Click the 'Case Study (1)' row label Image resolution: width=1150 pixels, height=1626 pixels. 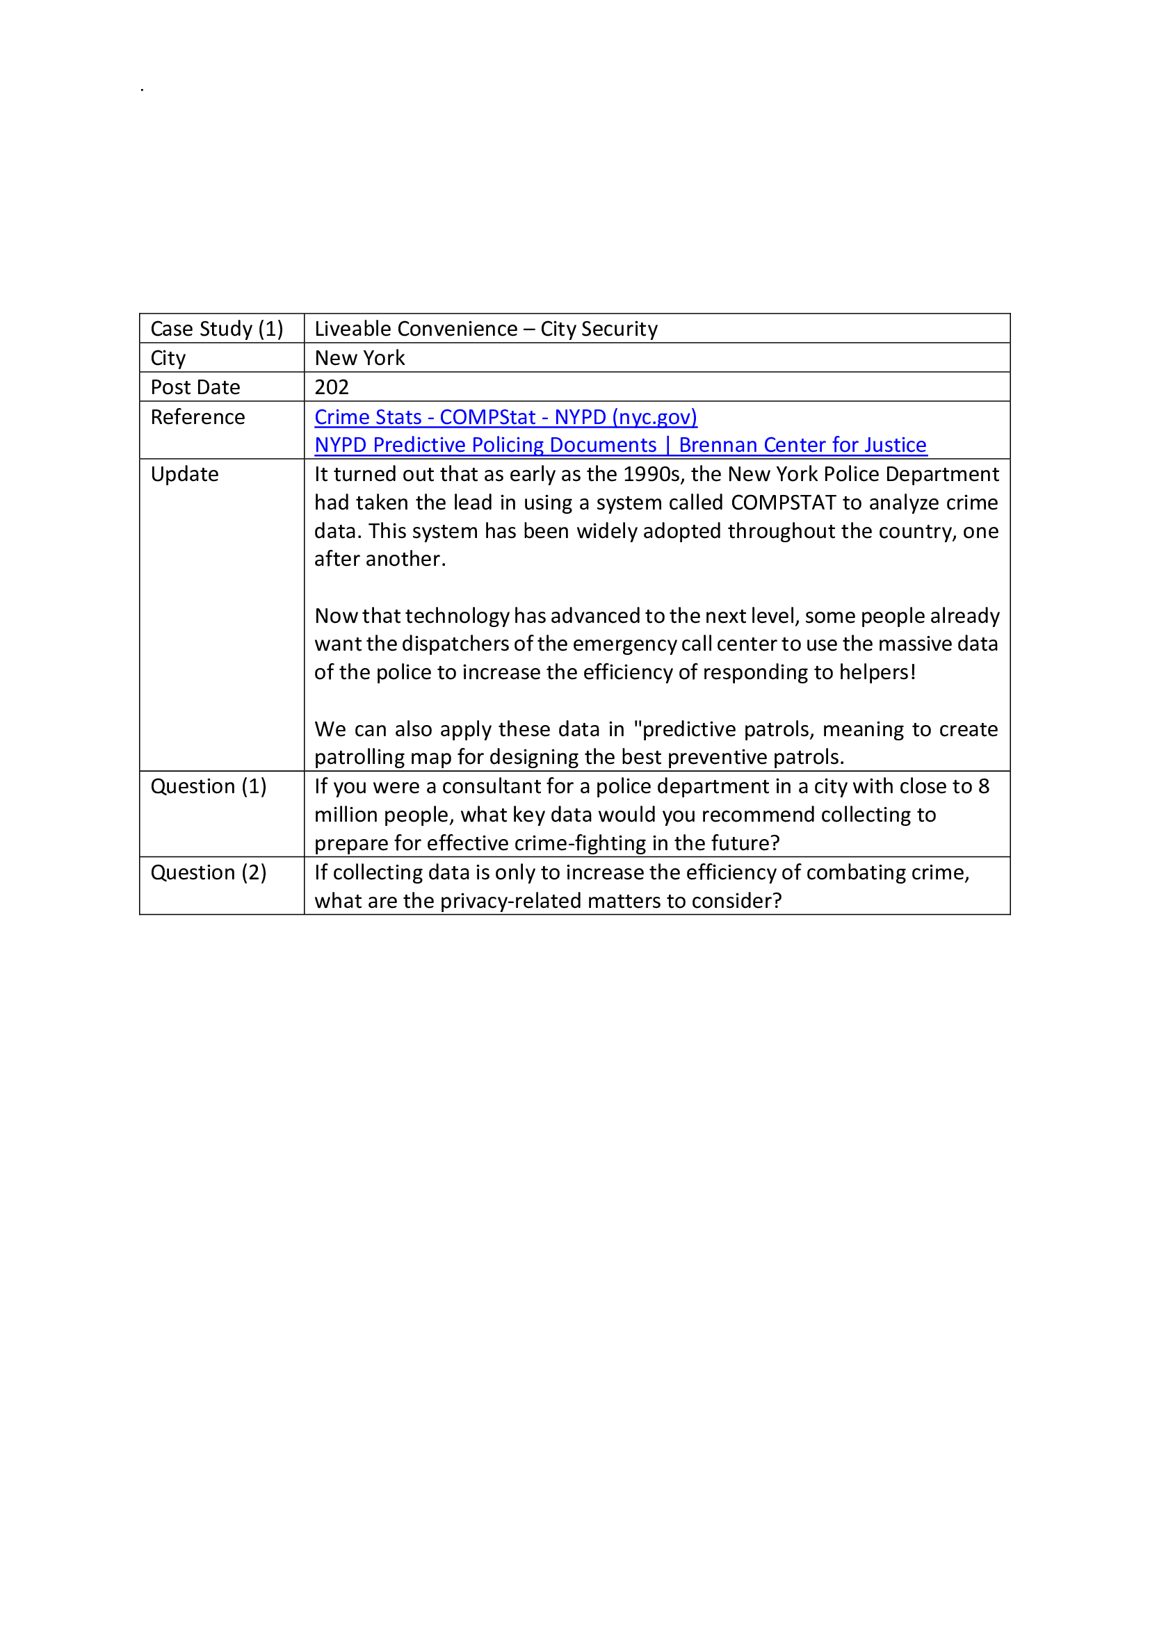click(x=217, y=329)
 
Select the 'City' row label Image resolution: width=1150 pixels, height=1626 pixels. click(x=168, y=357)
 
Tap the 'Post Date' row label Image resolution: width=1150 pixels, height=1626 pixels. click(x=195, y=387)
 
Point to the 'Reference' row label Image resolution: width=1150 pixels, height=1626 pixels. click(x=197, y=417)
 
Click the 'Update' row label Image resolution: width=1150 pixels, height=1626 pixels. click(x=184, y=474)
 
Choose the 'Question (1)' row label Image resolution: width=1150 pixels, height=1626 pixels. click(x=208, y=786)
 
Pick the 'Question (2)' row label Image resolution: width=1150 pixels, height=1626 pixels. click(x=208, y=872)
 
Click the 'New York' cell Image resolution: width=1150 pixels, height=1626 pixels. click(x=359, y=357)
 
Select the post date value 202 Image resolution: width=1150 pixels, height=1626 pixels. click(x=332, y=387)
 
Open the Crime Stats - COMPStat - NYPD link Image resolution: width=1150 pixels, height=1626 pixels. click(x=505, y=417)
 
